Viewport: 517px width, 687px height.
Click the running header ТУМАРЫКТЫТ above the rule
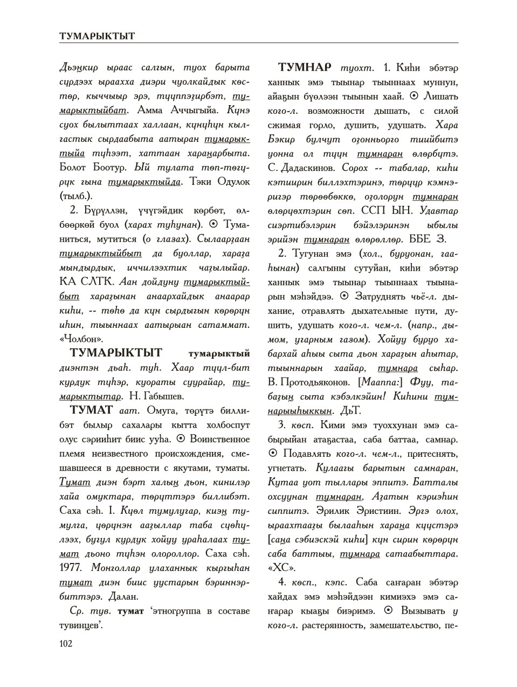click(97, 36)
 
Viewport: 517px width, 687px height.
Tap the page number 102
click(65, 643)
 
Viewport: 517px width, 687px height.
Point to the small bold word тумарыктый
click(218, 354)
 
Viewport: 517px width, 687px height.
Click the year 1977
click(70, 567)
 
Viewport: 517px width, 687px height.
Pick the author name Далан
click(125, 596)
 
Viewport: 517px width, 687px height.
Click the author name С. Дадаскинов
click(299, 168)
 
